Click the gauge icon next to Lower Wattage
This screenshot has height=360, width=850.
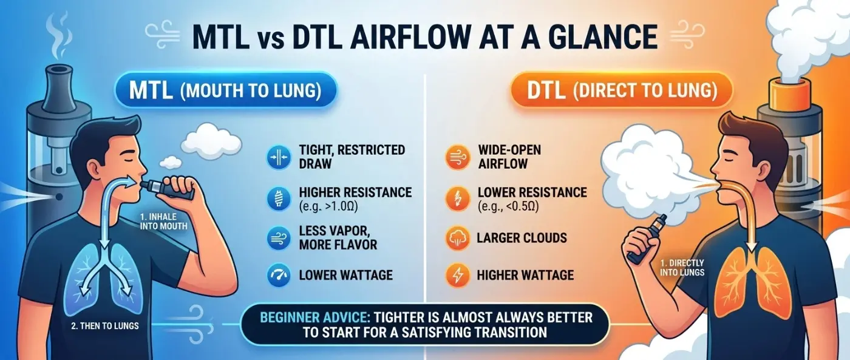click(277, 275)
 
